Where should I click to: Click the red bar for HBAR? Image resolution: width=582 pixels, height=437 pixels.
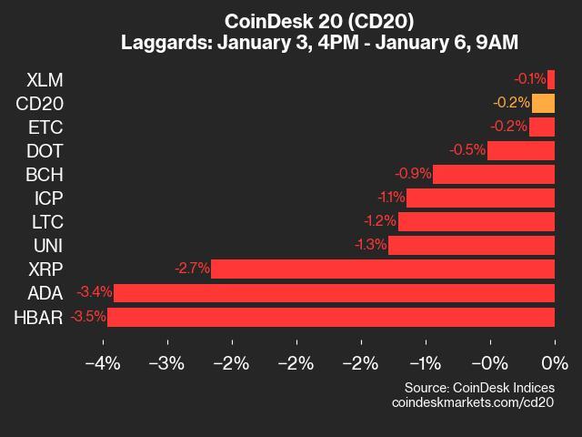coord(331,317)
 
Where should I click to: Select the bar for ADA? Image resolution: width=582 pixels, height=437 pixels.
coord(334,293)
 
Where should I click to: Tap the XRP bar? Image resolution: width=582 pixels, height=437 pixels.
coord(383,269)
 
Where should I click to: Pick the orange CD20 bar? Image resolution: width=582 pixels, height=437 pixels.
coord(543,103)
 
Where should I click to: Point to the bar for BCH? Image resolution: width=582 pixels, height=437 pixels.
coord(494,174)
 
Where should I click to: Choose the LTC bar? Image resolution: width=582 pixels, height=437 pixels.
coord(477,221)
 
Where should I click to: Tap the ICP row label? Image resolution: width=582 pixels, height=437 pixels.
coord(48,198)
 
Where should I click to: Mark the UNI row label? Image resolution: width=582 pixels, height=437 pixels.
coord(48,245)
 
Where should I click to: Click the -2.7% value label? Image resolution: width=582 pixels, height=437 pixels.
coord(192,269)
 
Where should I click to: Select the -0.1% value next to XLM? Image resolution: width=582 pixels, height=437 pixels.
coord(528,79)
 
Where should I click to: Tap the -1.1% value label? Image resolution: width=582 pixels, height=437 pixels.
coord(390,198)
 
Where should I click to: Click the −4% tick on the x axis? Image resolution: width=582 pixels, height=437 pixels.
coord(103,364)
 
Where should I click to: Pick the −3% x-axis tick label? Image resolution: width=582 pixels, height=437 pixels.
coord(167,364)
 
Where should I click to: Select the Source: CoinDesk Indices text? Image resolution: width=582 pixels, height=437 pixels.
coord(479,387)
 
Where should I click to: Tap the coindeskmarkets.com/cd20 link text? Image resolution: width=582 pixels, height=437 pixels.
coord(473,401)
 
